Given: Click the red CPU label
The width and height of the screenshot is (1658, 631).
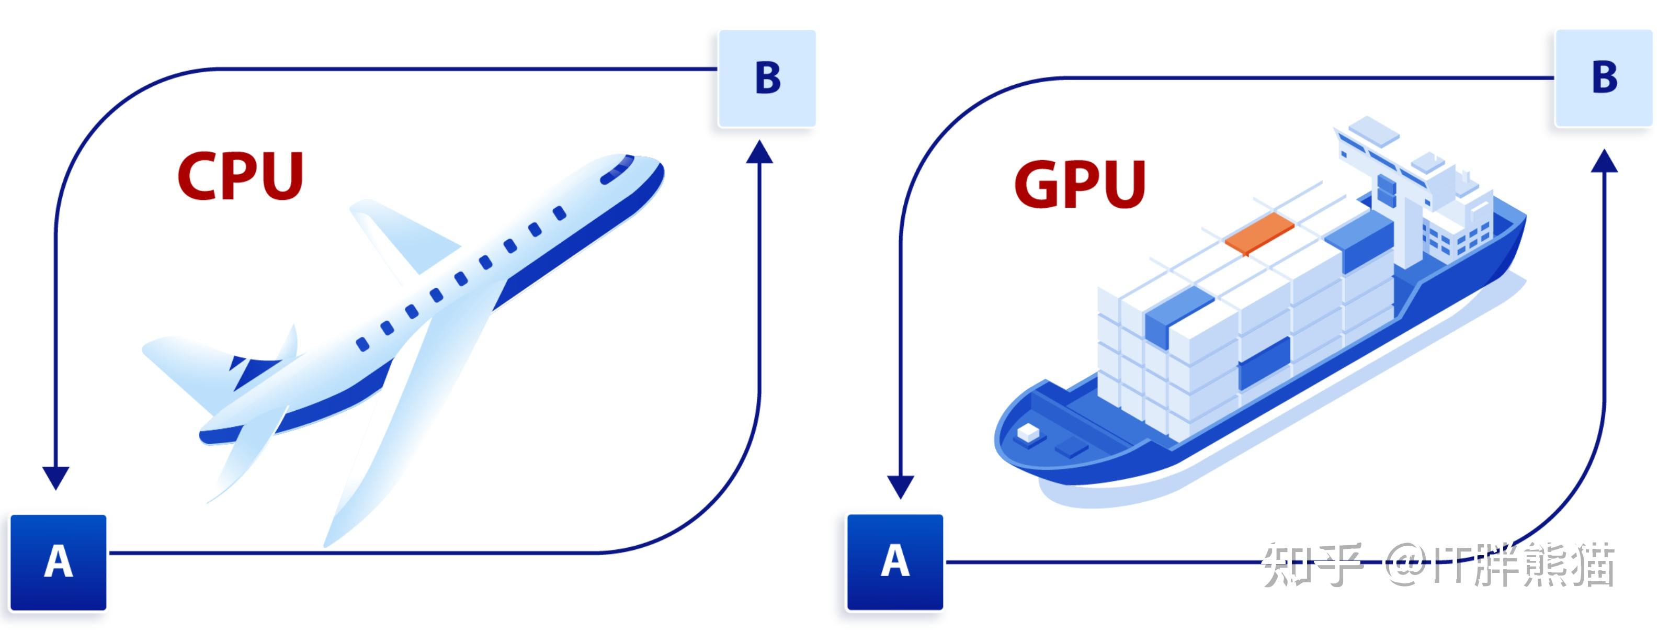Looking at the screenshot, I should point(240,176).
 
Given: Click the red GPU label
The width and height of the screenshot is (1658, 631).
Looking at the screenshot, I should point(1080,184).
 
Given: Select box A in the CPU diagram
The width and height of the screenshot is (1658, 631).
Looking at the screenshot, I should point(58,561).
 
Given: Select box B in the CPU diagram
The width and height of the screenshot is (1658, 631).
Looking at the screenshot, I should point(767,78).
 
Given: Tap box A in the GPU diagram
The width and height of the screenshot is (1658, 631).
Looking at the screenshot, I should point(895,561).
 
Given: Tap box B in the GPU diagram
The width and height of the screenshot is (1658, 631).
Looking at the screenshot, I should point(1603,78).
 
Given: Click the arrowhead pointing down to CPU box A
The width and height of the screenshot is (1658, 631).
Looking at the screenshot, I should point(55,477).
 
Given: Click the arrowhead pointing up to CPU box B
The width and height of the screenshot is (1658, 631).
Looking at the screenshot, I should point(759,153).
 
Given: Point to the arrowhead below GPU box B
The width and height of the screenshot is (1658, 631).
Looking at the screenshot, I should point(1604,161).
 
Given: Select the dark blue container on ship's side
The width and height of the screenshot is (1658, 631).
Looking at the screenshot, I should point(1264,364).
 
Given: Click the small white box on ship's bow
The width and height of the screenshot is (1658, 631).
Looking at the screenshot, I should point(1028,433).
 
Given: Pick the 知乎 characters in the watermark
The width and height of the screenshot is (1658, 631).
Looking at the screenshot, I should point(1312,564).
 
